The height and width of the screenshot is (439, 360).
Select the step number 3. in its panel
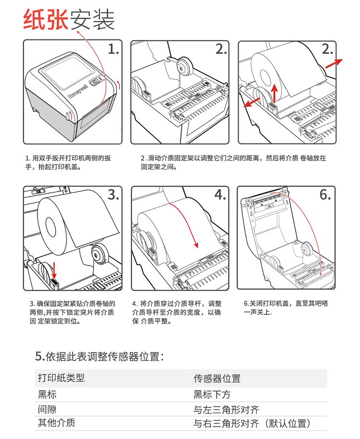113,195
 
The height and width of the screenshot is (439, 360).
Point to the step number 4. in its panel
220,195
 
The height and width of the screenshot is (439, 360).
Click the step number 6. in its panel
325,195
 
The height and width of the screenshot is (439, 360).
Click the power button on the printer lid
96,82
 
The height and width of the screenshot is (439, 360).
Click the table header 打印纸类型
61,378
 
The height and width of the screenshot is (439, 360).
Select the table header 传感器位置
217,379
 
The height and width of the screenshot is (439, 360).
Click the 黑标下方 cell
212,395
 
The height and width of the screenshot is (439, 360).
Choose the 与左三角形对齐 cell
226,410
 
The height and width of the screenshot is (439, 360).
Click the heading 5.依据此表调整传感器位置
100,356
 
